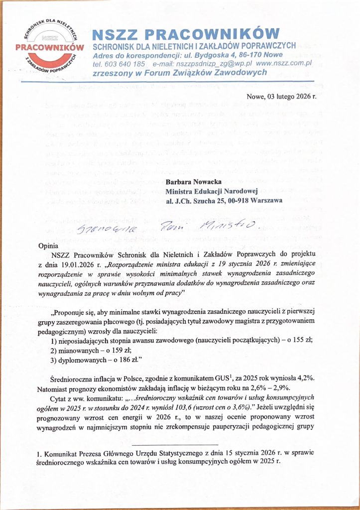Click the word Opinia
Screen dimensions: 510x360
[x=50, y=246]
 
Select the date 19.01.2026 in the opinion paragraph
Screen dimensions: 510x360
[x=77, y=264]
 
